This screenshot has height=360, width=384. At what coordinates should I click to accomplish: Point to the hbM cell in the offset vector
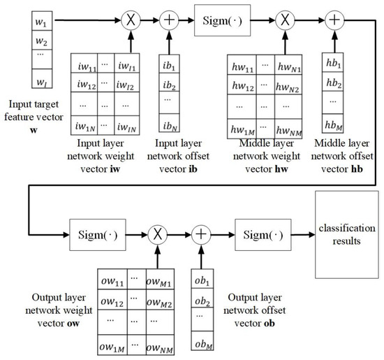334,126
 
